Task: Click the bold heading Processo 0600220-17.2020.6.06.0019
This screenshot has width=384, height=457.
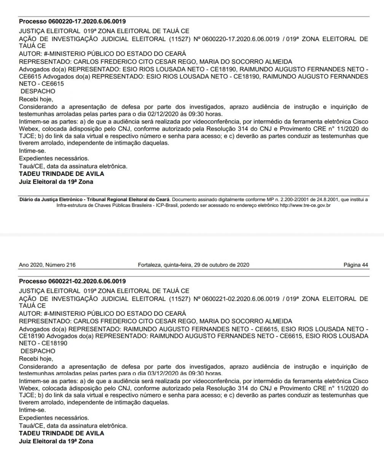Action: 72,21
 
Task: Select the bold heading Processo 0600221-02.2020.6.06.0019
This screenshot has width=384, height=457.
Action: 72,281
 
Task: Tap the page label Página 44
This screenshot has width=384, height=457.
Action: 355,265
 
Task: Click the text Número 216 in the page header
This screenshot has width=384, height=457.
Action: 59,265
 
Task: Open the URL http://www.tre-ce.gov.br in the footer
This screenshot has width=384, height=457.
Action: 304,206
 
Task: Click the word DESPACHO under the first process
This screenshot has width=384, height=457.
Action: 38,91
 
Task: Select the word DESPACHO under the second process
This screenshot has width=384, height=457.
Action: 38,351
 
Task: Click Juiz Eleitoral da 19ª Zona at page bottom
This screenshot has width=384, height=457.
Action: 56,441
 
